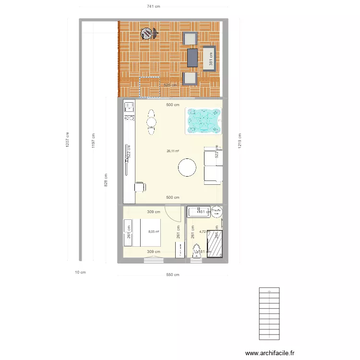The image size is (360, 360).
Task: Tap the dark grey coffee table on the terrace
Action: pyautogui.click(x=192, y=58)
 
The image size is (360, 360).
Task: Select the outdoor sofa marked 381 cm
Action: pyautogui.click(x=209, y=58)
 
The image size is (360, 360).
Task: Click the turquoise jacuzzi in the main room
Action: pyautogui.click(x=204, y=120)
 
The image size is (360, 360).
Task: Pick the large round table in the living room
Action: pyautogui.click(x=187, y=168)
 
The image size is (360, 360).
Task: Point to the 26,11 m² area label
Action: pyautogui.click(x=173, y=151)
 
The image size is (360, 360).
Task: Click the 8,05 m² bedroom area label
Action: pyautogui.click(x=154, y=232)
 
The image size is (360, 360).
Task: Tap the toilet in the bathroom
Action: pyautogui.click(x=196, y=252)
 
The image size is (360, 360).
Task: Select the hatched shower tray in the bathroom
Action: pyautogui.click(x=215, y=243)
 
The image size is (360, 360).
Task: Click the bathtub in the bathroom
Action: pyautogui.click(x=197, y=211)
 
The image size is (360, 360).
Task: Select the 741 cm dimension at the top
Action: pyautogui.click(x=153, y=6)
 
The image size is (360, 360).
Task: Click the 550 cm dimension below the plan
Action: pyautogui.click(x=173, y=275)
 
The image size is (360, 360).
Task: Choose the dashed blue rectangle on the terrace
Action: pyautogui.click(x=149, y=87)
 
